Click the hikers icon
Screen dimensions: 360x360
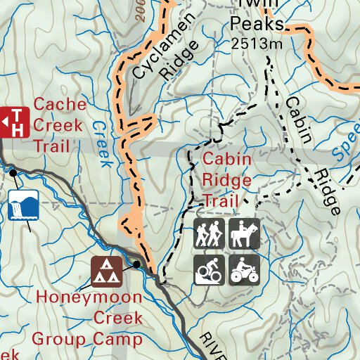[x=209, y=233]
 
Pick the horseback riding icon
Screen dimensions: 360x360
[x=244, y=233]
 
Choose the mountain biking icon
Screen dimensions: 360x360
[x=209, y=269]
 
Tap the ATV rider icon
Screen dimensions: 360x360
[x=244, y=269]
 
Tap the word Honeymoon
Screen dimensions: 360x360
[x=89, y=297]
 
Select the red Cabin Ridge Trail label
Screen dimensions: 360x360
[x=227, y=179]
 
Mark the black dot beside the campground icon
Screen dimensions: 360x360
[x=136, y=264]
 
